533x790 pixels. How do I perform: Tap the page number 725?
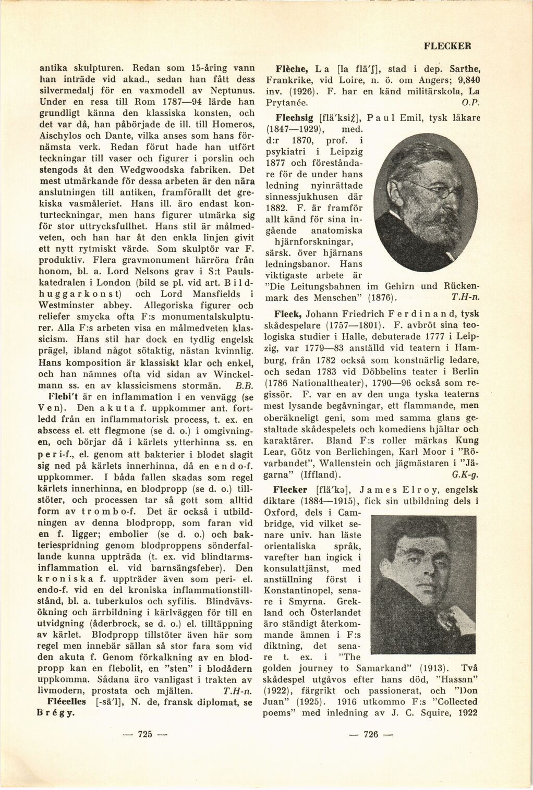click(144, 734)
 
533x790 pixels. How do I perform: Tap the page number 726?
click(371, 734)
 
